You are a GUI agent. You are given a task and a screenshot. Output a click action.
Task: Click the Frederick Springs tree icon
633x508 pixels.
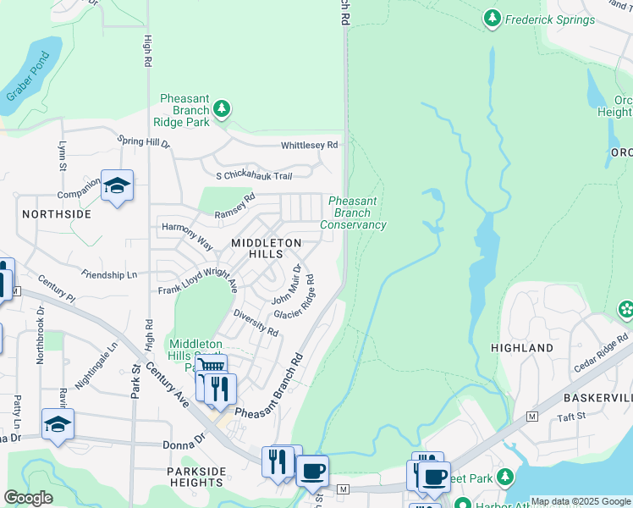coord(492,18)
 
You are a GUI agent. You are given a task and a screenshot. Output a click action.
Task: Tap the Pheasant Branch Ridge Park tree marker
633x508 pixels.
coord(222,108)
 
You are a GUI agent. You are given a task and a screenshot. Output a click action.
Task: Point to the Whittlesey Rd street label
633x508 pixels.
coord(310,145)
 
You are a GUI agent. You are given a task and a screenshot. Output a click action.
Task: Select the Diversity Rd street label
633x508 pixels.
coord(256,328)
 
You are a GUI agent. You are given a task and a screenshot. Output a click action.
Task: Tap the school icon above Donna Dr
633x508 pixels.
coord(58,424)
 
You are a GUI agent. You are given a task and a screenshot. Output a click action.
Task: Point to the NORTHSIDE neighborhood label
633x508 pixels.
coord(56,214)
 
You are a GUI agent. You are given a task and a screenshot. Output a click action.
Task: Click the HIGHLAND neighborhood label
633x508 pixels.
coord(522,348)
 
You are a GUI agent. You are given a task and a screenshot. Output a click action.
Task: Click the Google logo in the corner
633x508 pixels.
coord(29,498)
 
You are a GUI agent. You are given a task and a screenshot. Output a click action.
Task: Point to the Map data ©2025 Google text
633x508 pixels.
coord(581,501)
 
